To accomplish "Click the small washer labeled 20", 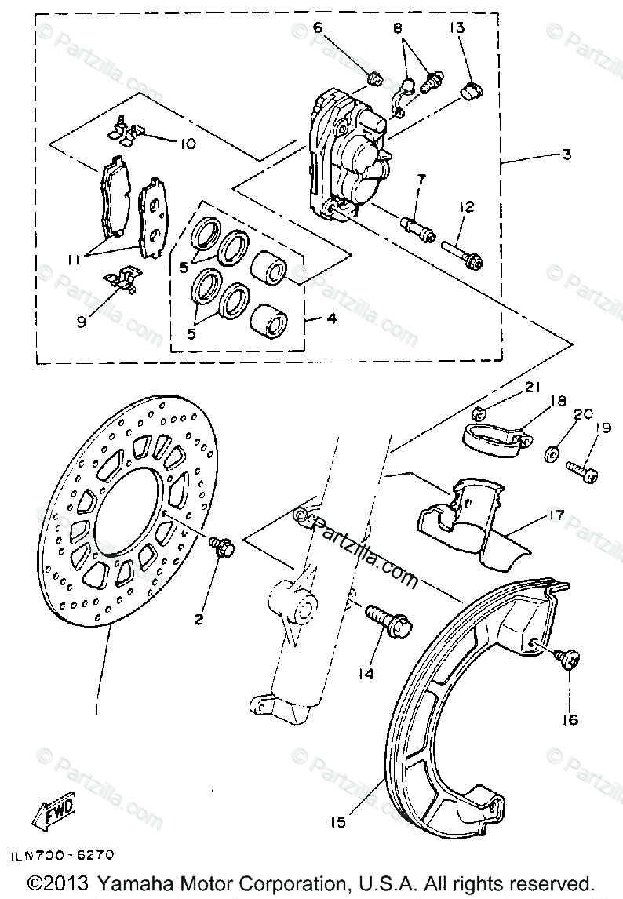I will click(552, 453).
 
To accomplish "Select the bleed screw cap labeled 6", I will click(375, 78).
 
